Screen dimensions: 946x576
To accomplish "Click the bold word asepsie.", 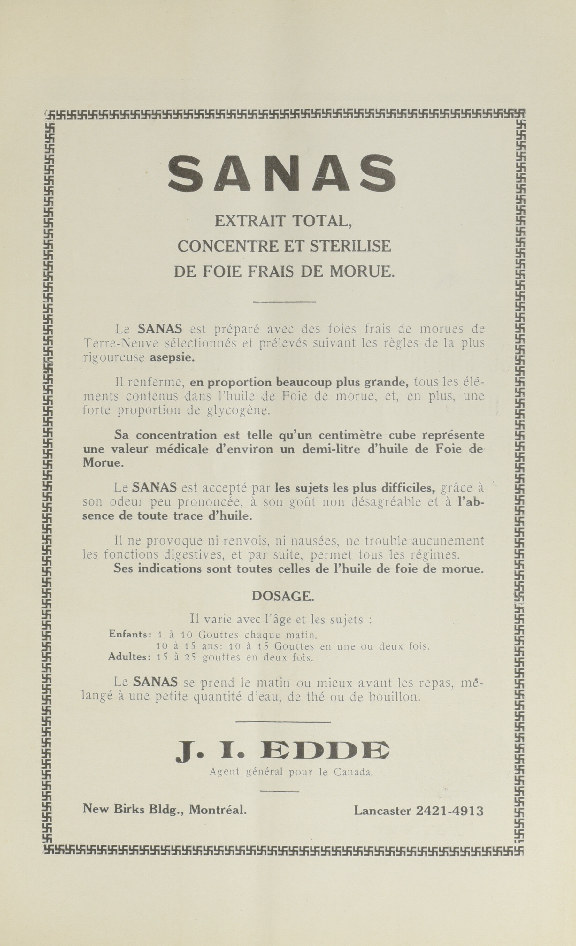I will (x=172, y=358).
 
